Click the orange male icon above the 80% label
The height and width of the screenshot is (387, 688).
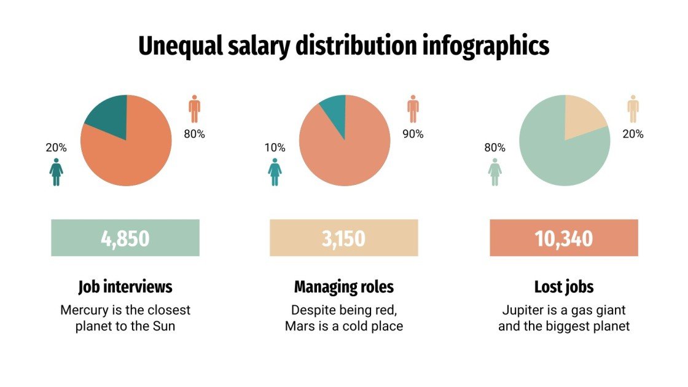tap(195, 109)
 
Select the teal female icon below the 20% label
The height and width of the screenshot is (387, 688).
tap(57, 172)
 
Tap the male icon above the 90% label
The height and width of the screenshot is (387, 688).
tap(413, 109)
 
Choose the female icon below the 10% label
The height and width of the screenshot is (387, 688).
tap(275, 172)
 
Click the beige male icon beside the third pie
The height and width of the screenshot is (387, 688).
tap(633, 109)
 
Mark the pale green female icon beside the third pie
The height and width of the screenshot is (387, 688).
tap(495, 172)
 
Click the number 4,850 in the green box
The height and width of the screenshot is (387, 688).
tap(125, 238)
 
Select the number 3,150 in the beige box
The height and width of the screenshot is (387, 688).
tap(343, 238)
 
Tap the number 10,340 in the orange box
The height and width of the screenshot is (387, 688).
tap(564, 238)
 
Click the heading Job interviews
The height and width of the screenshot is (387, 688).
tap(125, 287)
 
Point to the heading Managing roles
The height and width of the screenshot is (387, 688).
tap(344, 287)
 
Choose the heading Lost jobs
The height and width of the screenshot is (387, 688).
tap(564, 287)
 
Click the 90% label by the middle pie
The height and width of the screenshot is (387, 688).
tap(413, 134)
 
